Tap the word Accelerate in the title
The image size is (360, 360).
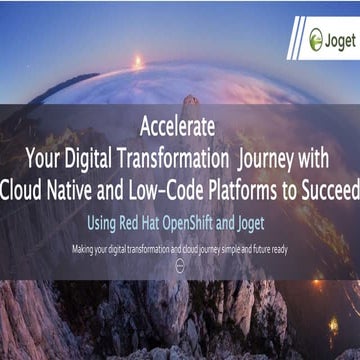pyautogui.click(x=181, y=129)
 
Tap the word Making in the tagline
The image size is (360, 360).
pyautogui.click(x=85, y=247)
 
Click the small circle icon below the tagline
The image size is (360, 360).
pyautogui.click(x=180, y=264)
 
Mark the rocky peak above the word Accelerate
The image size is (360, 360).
pyautogui.click(x=189, y=103)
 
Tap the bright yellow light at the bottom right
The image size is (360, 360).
pyautogui.click(x=334, y=325)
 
